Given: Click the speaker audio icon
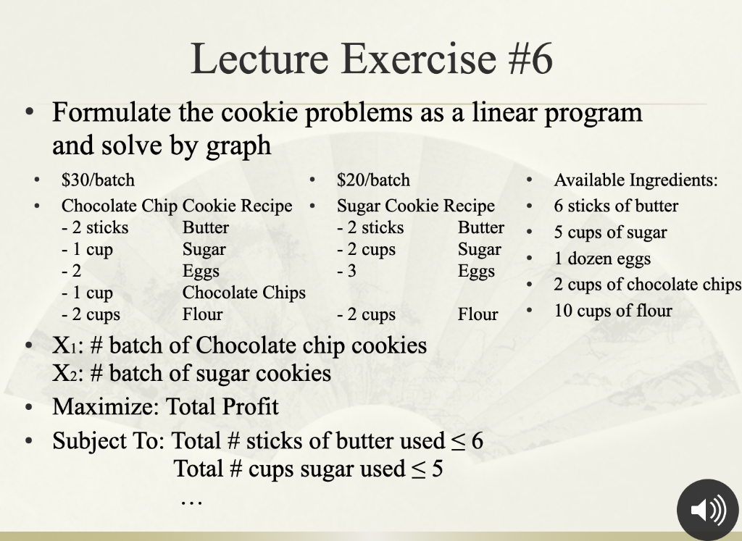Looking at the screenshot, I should point(706,510).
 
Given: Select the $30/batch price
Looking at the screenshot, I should point(98,180).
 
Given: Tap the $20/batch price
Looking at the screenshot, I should point(373,180).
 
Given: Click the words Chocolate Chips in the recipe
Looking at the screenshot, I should point(243,293).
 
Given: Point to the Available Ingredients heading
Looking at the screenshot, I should point(635,180).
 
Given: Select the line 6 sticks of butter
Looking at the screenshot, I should point(616,206).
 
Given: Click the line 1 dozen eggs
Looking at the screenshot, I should point(602,259).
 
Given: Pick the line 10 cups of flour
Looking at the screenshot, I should point(613,311).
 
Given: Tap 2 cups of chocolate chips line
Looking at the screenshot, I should point(647,285).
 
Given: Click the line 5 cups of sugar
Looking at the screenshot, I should point(610,232).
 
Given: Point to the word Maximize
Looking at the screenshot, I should point(105,406).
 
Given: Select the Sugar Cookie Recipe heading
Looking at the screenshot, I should point(415,206).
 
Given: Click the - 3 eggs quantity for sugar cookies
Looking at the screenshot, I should point(347,271).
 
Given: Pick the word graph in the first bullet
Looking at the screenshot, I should point(238,146).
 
